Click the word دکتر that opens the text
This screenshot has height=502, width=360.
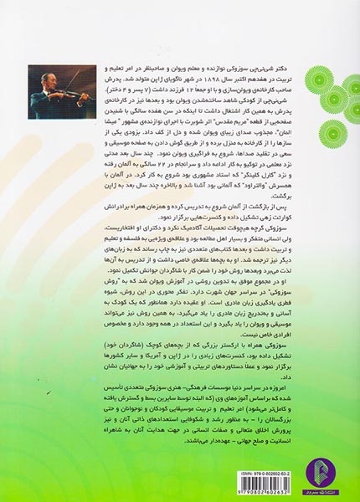(x=313, y=64)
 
